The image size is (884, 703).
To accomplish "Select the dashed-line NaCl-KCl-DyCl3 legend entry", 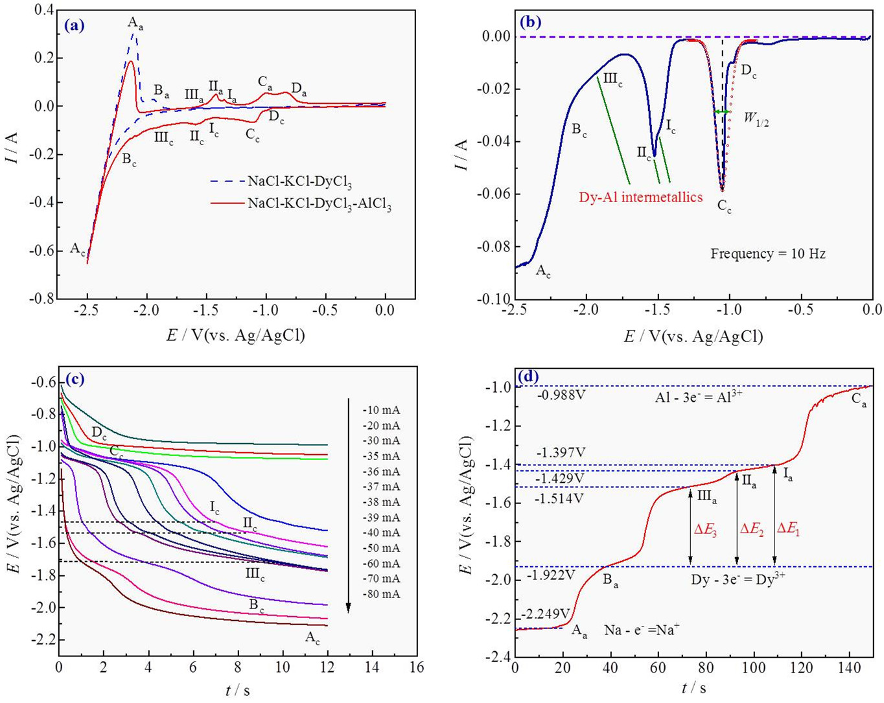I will [299, 182].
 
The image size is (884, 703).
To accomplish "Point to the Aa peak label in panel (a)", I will [135, 24].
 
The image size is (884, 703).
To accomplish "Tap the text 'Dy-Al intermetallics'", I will [640, 197].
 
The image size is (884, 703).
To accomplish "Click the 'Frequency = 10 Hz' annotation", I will [767, 254].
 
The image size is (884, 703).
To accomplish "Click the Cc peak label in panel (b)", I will [724, 207].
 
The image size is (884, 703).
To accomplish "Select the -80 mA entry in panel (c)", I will [381, 594].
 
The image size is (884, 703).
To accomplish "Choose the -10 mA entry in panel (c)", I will [381, 410].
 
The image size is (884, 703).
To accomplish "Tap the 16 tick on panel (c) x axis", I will [417, 666].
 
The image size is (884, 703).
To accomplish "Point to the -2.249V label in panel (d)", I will [545, 613].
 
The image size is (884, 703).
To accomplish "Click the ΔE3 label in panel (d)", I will [705, 529].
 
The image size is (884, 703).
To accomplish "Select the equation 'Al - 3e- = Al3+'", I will [697, 398].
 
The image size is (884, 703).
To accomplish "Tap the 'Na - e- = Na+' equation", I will [642, 629].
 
